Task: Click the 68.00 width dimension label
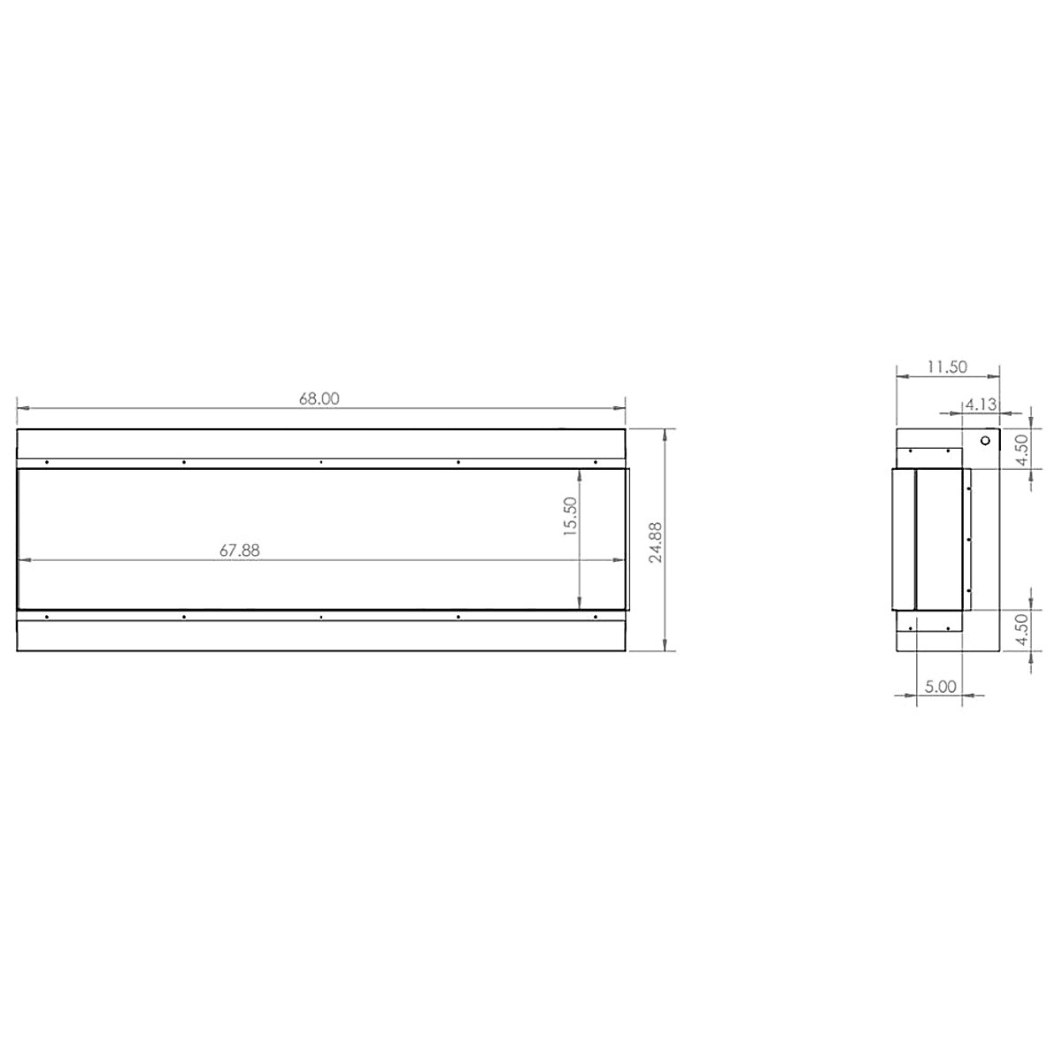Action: point(319,398)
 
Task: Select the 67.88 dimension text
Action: point(240,550)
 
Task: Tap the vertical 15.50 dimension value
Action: point(569,515)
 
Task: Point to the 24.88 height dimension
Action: point(656,542)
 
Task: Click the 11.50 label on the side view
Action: point(947,366)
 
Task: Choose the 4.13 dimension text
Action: point(981,404)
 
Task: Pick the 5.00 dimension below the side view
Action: point(940,686)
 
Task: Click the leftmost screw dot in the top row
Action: point(47,462)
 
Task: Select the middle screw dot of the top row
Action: point(320,462)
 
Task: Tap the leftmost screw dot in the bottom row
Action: point(47,615)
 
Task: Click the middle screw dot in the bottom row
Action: point(320,615)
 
